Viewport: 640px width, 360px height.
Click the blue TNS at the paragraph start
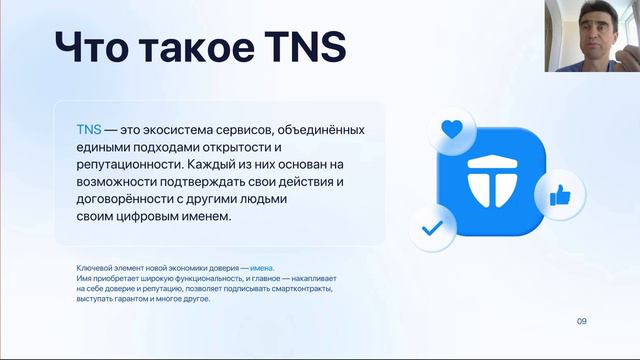[x=89, y=130]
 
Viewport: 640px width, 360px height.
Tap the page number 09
[x=582, y=320]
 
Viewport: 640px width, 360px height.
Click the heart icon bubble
[x=453, y=131]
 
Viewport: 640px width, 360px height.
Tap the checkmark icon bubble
[x=433, y=227]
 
